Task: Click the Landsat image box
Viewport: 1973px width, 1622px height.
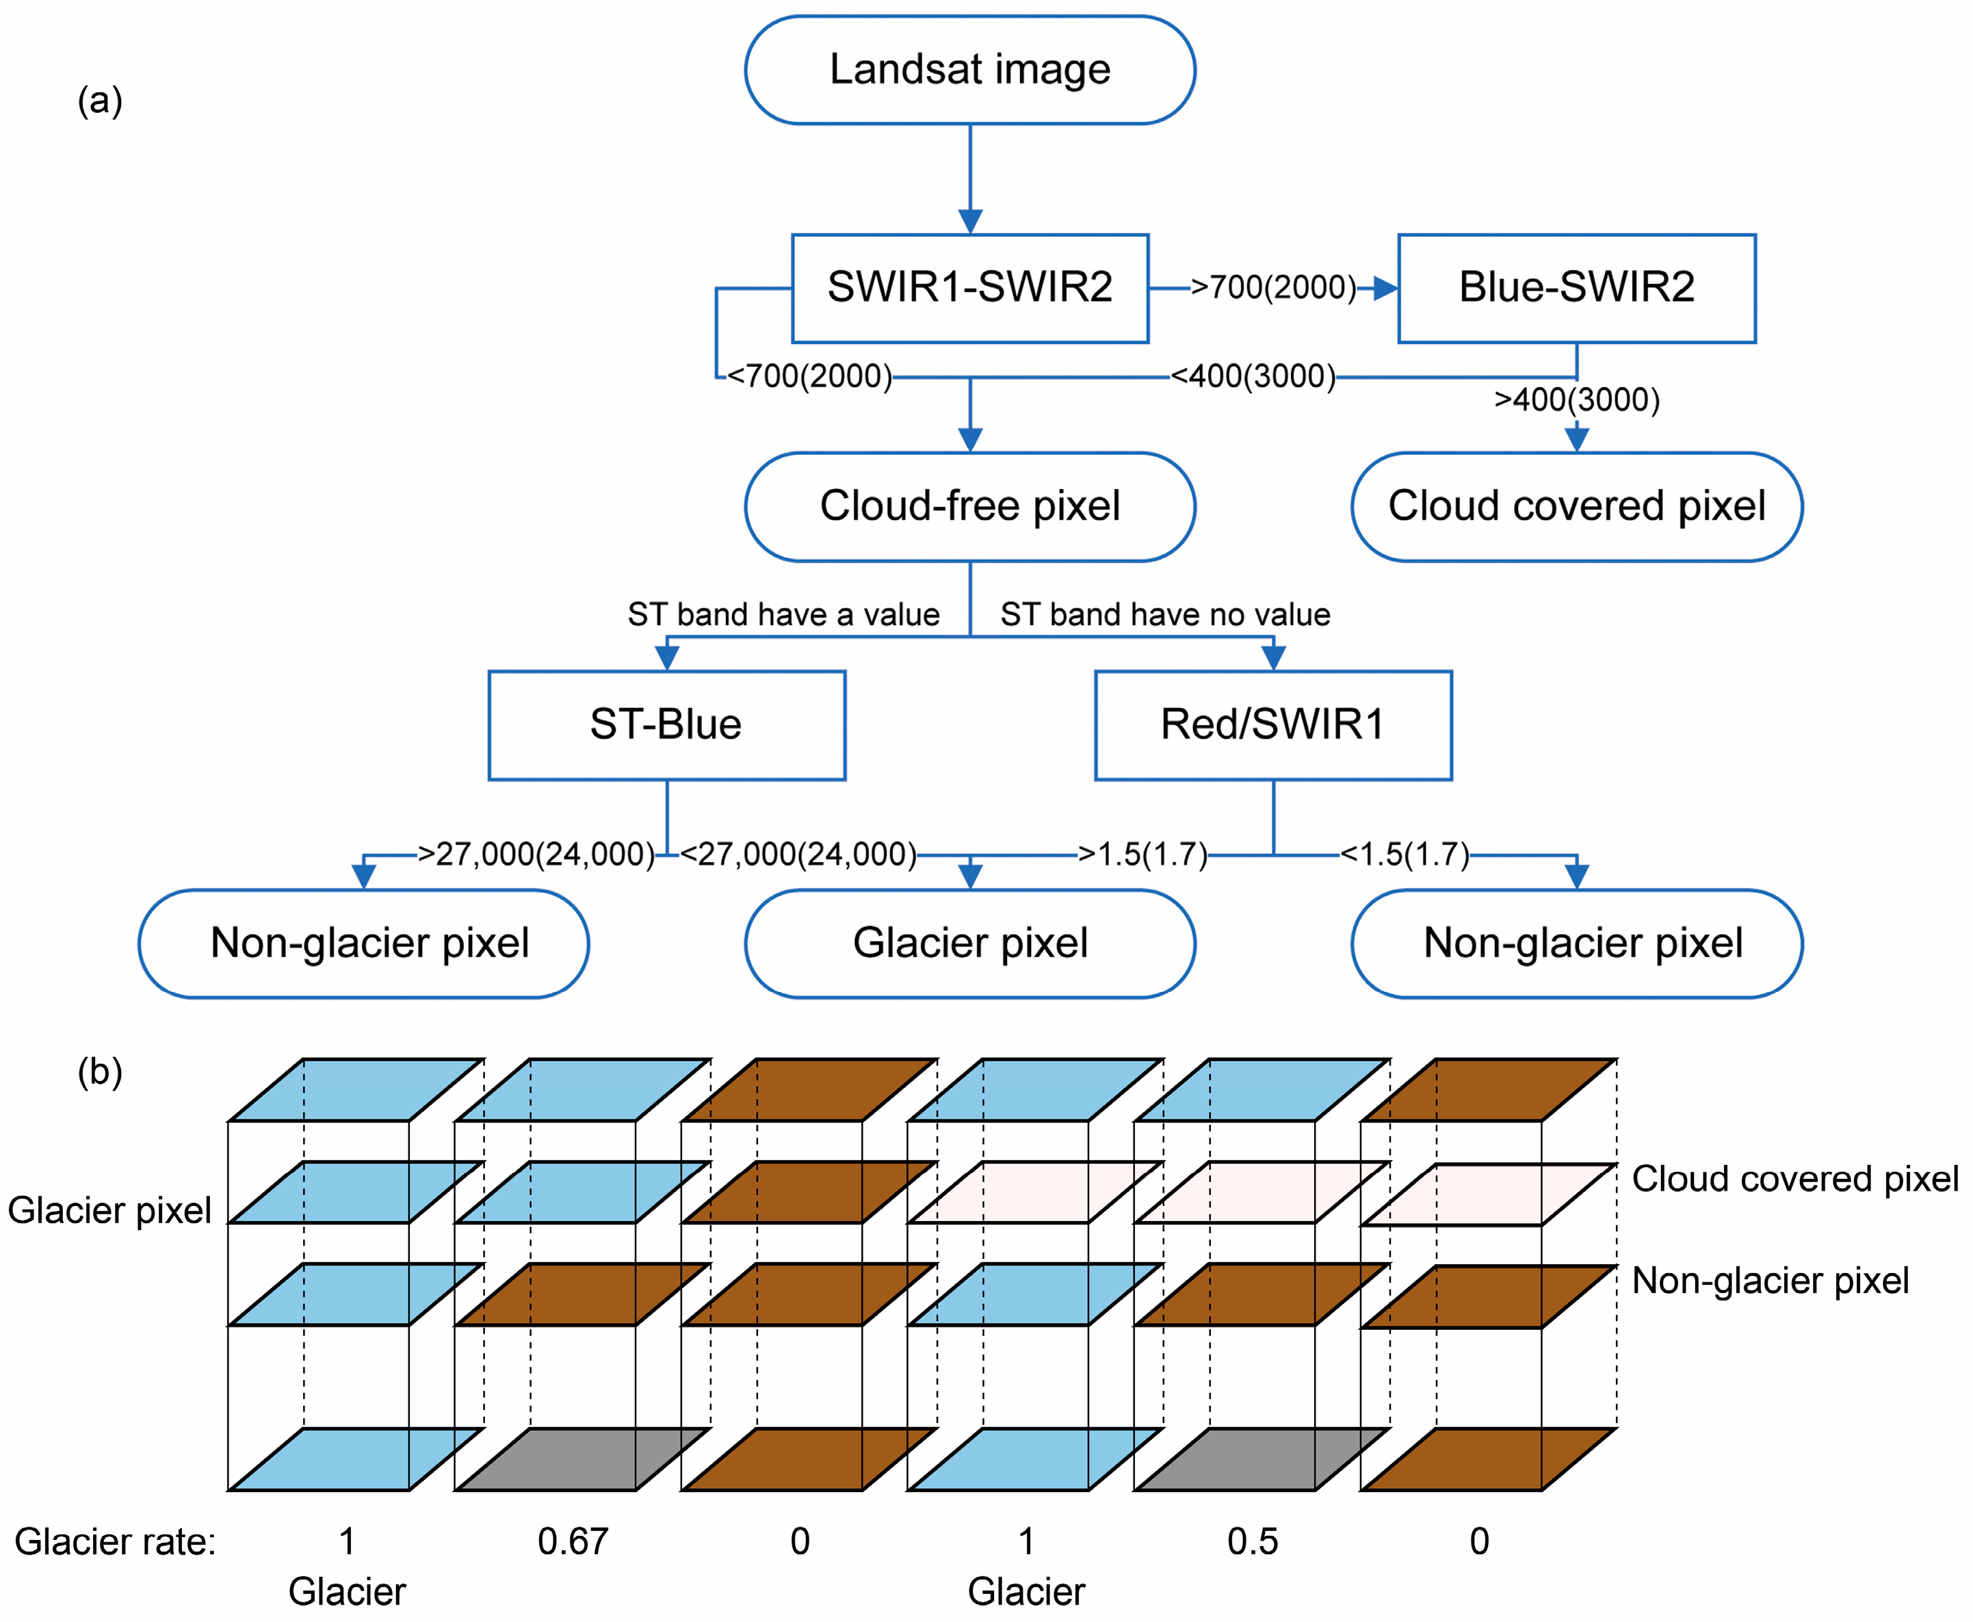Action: tap(969, 70)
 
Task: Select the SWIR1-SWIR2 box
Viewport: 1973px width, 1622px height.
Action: tap(969, 288)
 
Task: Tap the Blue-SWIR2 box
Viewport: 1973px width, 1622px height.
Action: tap(1576, 288)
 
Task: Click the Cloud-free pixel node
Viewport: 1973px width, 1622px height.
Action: tap(969, 506)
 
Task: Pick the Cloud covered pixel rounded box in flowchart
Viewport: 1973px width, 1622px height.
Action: tap(1576, 506)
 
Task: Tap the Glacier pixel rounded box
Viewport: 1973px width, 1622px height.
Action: tap(969, 943)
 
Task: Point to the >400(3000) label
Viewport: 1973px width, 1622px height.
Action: tap(1576, 400)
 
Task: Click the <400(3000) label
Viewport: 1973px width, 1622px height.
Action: tap(1253, 376)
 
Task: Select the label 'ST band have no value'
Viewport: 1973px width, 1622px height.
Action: tap(1165, 615)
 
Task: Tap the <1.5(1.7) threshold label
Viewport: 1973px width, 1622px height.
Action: tap(1404, 854)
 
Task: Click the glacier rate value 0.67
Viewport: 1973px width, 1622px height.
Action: tap(573, 1541)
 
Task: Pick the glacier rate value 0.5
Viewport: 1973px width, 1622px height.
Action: tap(1252, 1541)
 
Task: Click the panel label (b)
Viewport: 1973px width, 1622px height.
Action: tap(100, 1072)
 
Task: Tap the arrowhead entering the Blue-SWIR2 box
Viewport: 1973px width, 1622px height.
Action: tap(1385, 289)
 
